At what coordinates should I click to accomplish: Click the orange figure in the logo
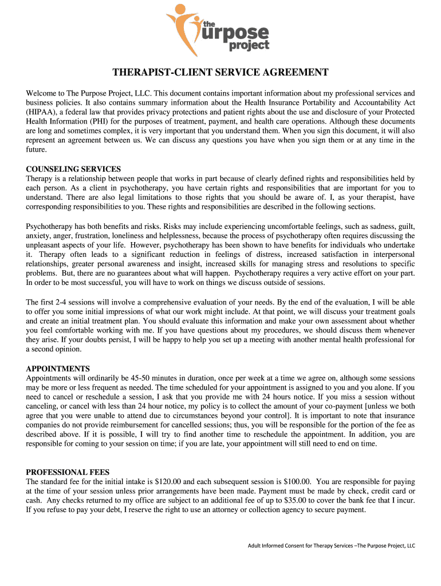point(182,26)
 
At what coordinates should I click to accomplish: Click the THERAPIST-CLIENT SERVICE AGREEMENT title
point(220,73)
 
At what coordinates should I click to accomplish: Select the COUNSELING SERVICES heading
point(73,169)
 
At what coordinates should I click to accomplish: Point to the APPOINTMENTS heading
point(58,369)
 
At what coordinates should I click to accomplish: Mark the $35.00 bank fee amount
point(297,500)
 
